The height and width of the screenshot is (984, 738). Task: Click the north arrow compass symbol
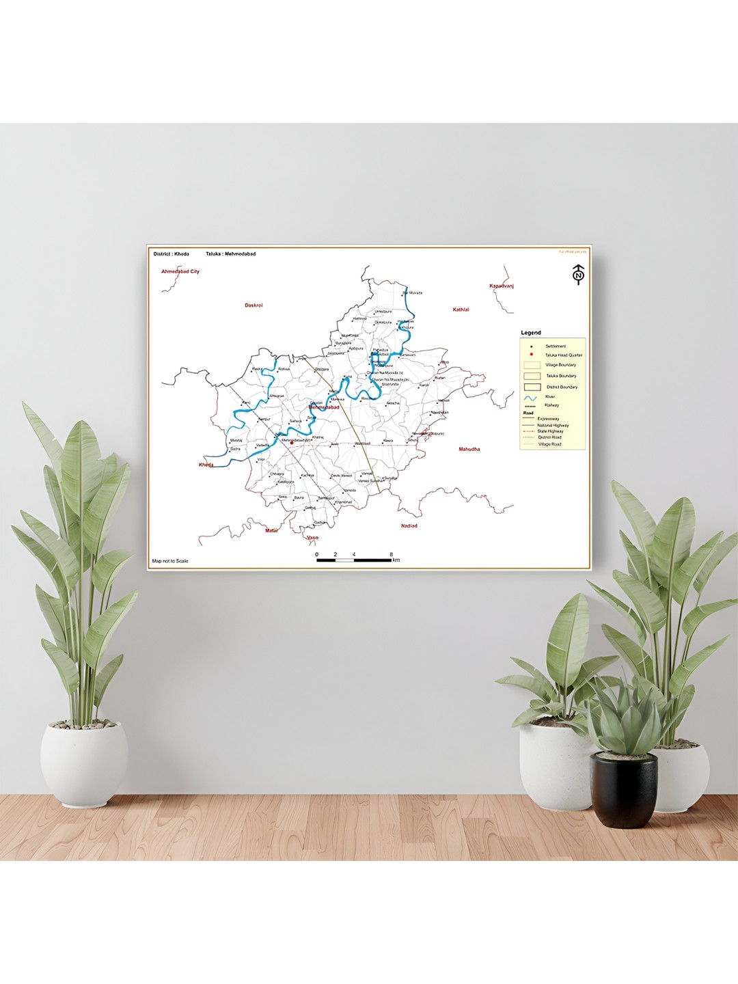578,274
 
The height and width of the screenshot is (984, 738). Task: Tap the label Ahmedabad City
180,271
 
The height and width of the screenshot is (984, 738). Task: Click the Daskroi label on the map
254,305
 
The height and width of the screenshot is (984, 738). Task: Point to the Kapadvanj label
501,286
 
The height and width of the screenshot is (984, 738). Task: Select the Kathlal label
461,310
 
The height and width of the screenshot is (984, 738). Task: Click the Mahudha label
469,449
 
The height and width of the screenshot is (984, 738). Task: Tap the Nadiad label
409,525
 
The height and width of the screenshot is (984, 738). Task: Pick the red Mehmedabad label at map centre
324,407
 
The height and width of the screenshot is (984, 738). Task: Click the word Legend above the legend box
531,333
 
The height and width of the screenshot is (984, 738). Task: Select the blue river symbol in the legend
531,397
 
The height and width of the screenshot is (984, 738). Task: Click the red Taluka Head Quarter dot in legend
531,355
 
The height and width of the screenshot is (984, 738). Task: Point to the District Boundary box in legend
532,387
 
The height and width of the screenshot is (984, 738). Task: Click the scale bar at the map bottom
354,560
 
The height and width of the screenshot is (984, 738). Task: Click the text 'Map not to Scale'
170,561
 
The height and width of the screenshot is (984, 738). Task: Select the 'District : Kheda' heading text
172,254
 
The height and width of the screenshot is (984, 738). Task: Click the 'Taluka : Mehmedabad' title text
230,254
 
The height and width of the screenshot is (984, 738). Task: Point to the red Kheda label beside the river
206,465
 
